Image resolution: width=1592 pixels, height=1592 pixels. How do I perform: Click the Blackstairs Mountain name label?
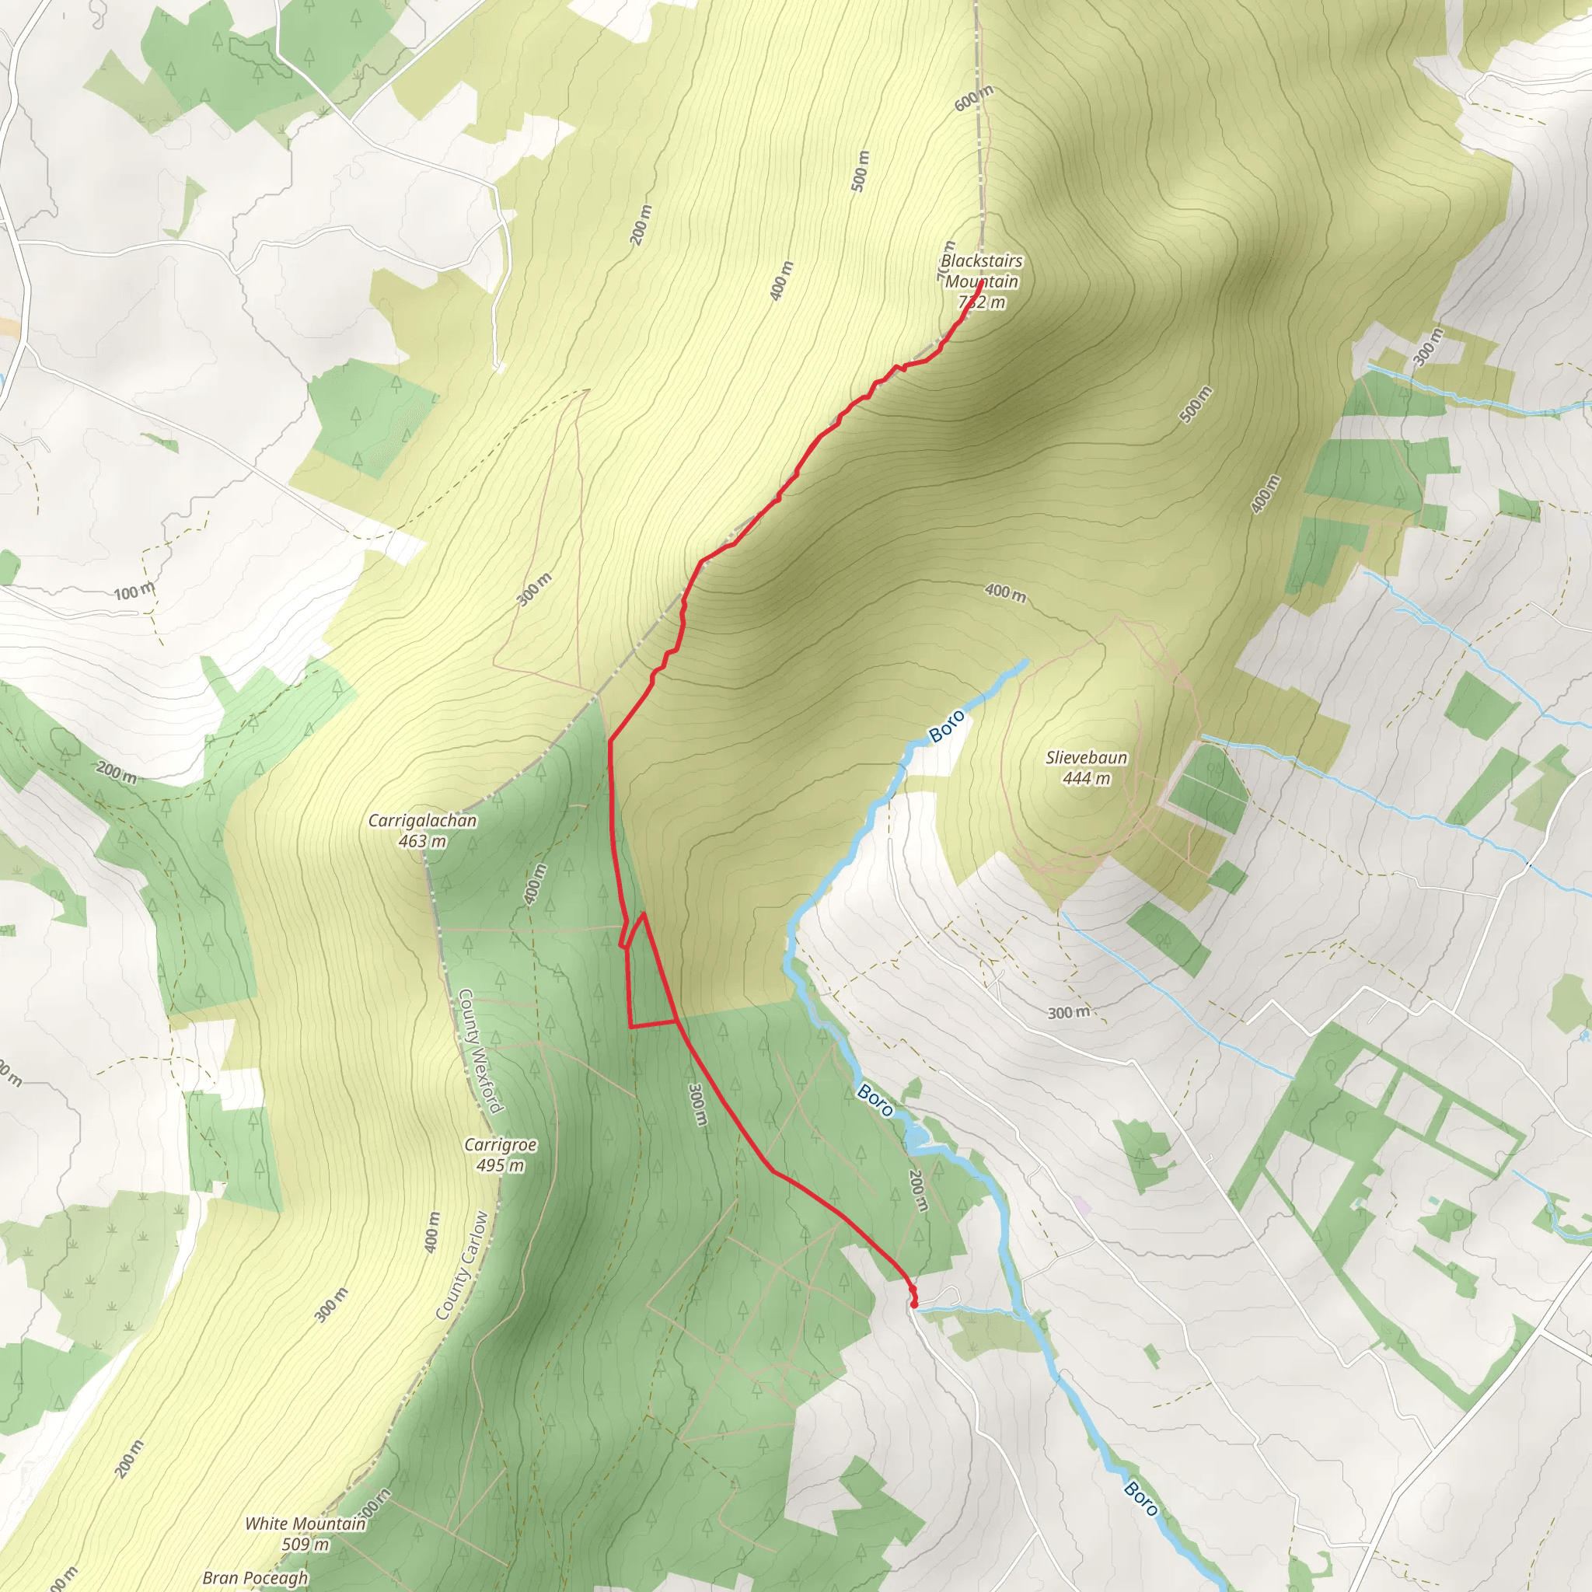[x=982, y=271]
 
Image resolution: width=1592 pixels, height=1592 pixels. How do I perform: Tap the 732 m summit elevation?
[x=983, y=302]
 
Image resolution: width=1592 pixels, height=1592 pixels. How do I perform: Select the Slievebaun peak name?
[x=1086, y=757]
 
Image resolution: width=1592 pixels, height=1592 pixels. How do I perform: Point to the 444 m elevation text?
[x=1086, y=778]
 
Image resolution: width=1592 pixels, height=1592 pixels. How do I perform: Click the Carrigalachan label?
[x=422, y=821]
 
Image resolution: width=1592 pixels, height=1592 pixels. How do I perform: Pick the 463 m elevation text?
[x=422, y=841]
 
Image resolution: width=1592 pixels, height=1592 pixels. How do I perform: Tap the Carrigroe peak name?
[x=500, y=1144]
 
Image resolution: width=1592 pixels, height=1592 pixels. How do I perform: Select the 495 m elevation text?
[x=500, y=1165]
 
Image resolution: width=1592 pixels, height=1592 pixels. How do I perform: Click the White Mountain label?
[x=305, y=1524]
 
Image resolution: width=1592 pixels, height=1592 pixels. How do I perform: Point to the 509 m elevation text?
[x=305, y=1545]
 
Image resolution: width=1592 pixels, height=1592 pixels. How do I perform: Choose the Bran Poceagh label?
[x=256, y=1577]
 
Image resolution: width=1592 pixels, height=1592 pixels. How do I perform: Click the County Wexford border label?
[x=480, y=1051]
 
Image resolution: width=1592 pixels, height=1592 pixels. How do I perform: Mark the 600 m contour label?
[x=974, y=98]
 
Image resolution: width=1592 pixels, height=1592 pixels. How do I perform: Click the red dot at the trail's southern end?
[x=915, y=1304]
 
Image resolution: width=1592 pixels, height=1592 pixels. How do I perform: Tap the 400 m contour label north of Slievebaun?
[x=1005, y=592]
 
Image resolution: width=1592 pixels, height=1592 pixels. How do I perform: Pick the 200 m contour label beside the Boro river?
[x=918, y=1190]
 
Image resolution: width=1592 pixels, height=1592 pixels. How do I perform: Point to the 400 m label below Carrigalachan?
[x=536, y=884]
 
